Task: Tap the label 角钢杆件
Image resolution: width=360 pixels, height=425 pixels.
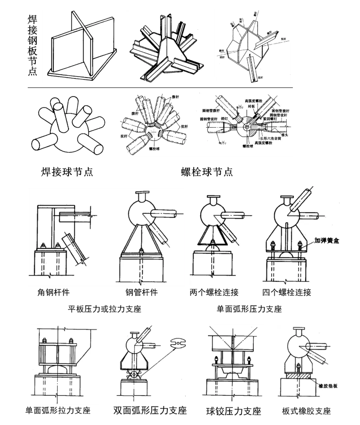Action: click(53, 293)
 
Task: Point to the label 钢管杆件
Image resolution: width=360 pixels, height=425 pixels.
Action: click(138, 293)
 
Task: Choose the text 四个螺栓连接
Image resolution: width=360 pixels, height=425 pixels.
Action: click(287, 293)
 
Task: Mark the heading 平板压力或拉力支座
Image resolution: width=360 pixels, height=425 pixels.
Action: click(105, 309)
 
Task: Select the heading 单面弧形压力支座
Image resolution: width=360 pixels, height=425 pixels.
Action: click(249, 309)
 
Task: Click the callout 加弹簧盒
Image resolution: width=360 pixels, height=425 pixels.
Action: click(328, 240)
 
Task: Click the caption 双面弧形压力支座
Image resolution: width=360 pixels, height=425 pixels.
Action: click(150, 410)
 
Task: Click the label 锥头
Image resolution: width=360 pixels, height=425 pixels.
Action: click(284, 134)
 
